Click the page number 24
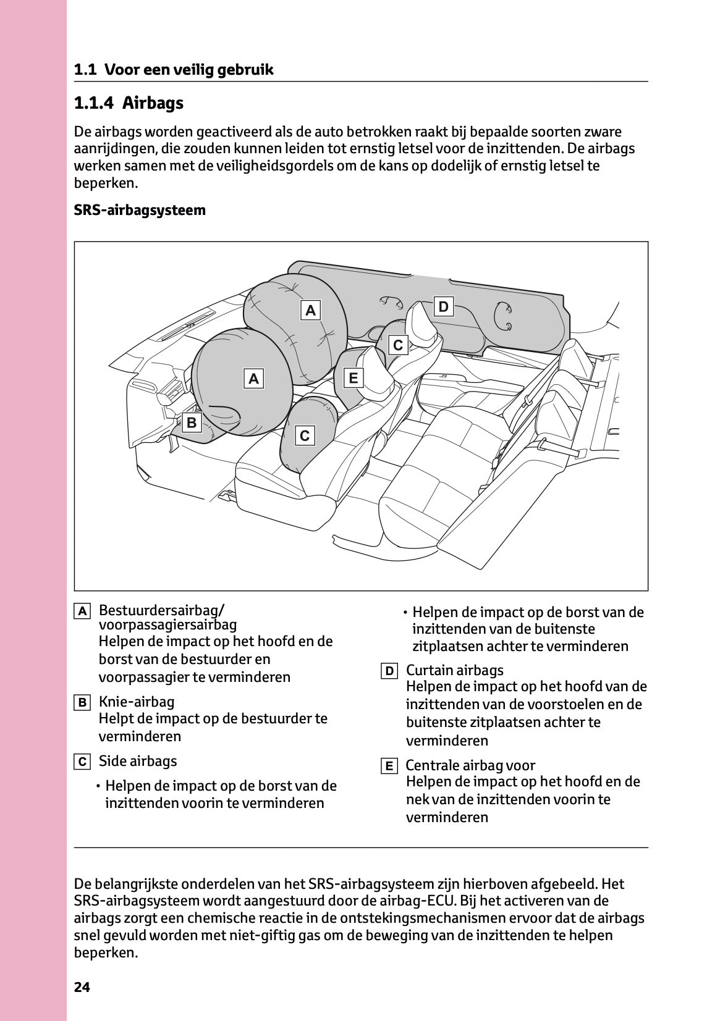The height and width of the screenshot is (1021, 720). (82, 987)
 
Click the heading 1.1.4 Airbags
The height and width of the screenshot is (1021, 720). (129, 103)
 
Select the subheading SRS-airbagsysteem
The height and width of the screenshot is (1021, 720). (140, 210)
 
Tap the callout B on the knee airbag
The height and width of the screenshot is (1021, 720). (192, 422)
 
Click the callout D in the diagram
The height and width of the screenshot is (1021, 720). (443, 307)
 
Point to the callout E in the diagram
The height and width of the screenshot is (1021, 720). (354, 377)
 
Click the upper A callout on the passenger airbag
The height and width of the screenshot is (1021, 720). (311, 310)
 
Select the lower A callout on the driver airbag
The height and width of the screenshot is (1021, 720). (253, 378)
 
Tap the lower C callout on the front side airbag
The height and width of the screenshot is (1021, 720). (304, 436)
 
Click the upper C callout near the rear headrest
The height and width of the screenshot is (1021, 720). (398, 345)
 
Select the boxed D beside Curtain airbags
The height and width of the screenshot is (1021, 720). (389, 671)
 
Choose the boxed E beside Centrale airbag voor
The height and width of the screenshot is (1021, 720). (389, 767)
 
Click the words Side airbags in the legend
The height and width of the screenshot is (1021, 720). (137, 761)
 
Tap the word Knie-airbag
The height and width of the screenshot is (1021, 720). (137, 702)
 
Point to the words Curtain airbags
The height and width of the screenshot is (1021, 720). (454, 670)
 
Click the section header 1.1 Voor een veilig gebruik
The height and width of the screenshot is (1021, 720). (174, 70)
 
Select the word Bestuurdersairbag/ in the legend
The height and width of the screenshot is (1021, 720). (161, 610)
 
